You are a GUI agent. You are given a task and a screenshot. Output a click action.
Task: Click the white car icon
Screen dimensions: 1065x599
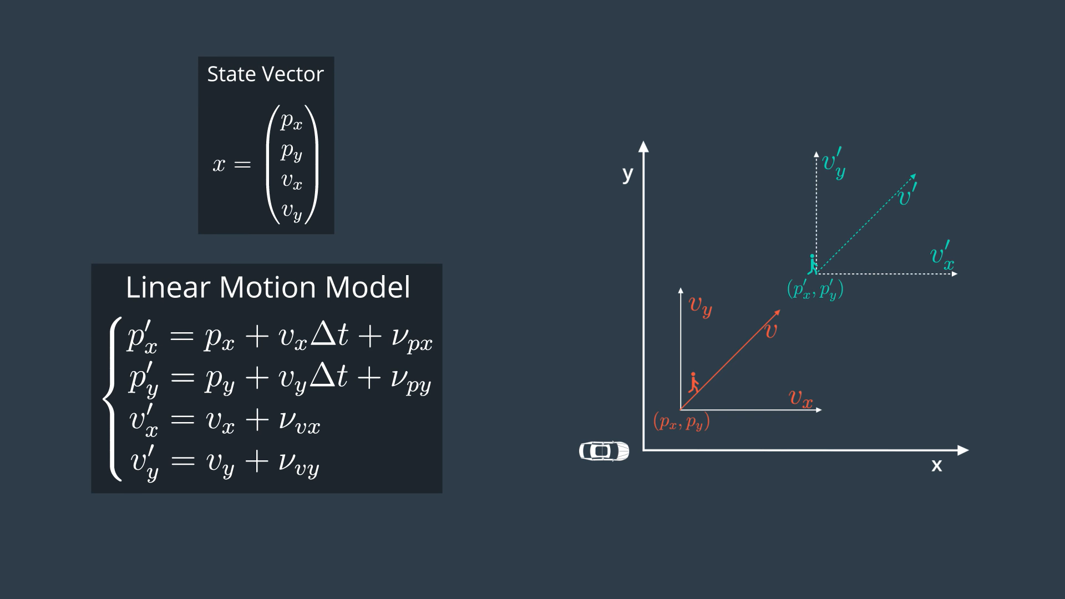604,451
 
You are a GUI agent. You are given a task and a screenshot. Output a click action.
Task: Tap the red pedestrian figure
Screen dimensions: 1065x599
693,383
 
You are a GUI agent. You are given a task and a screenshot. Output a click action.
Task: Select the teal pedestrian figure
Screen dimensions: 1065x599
813,264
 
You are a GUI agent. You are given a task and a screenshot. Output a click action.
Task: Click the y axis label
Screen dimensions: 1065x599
627,175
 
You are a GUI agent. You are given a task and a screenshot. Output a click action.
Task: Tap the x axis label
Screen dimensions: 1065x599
936,465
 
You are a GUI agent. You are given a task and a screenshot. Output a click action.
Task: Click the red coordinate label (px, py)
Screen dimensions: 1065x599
682,422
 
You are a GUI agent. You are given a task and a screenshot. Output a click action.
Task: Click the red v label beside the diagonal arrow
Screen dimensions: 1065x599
771,331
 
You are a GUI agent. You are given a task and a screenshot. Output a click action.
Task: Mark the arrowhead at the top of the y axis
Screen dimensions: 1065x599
643,146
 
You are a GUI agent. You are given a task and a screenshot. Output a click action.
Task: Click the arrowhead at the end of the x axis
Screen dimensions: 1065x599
963,450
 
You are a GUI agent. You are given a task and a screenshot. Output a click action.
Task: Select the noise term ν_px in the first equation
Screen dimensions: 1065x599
412,338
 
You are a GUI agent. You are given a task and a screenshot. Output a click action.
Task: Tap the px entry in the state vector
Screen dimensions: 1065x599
291,120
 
